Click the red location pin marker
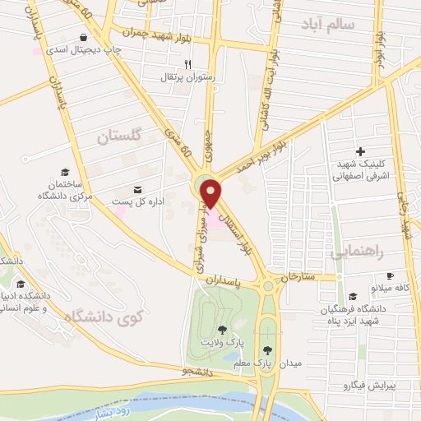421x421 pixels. [211, 192]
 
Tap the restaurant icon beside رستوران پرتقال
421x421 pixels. [187, 64]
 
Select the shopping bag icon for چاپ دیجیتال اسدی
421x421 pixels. [83, 38]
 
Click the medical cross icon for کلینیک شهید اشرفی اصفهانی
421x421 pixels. [361, 151]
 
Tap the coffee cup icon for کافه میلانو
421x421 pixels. [391, 275]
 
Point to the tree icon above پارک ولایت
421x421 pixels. [221, 329]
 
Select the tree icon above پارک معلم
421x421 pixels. [266, 349]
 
